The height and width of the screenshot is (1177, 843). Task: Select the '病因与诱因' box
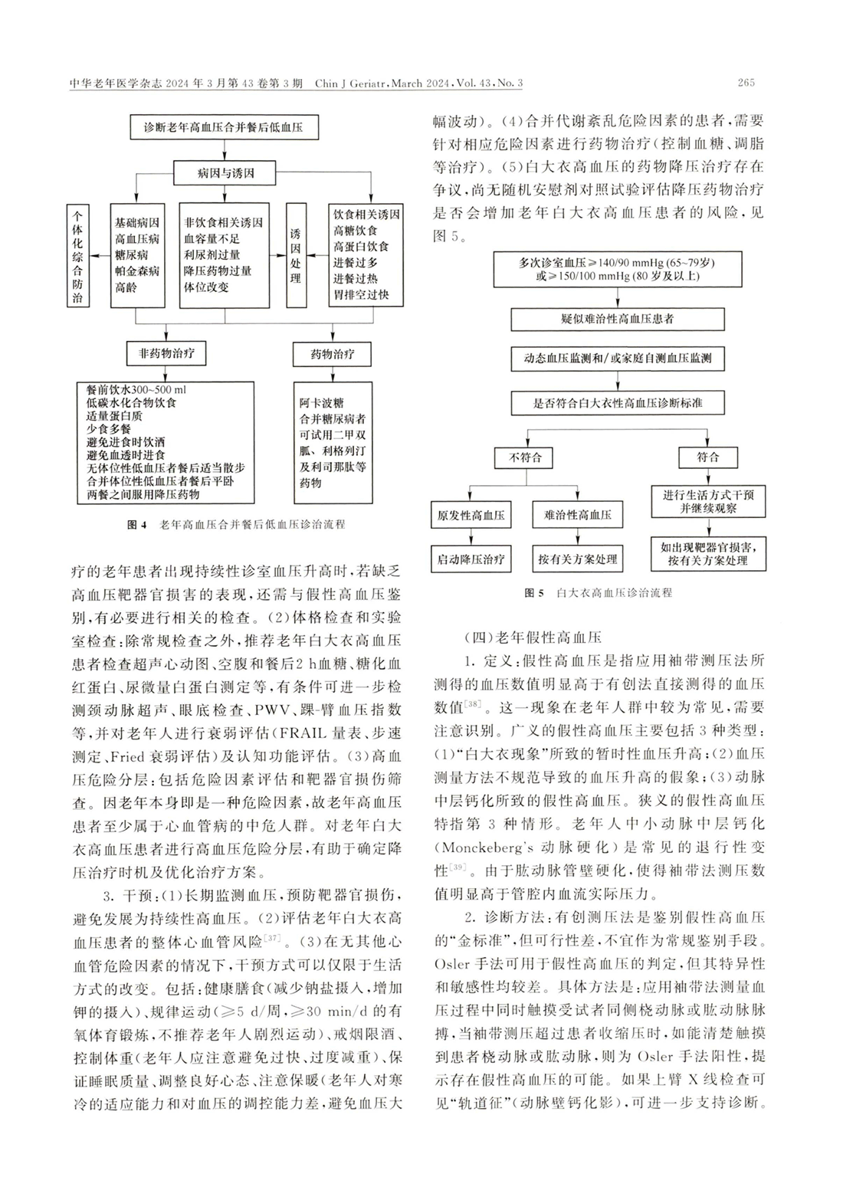225,173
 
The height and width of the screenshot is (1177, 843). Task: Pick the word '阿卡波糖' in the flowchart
322,403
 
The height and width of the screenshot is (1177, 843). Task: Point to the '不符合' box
525,457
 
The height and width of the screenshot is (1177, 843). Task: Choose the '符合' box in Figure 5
707,457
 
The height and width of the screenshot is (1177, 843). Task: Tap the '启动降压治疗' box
471,559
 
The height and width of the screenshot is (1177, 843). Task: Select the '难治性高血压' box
577,515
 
